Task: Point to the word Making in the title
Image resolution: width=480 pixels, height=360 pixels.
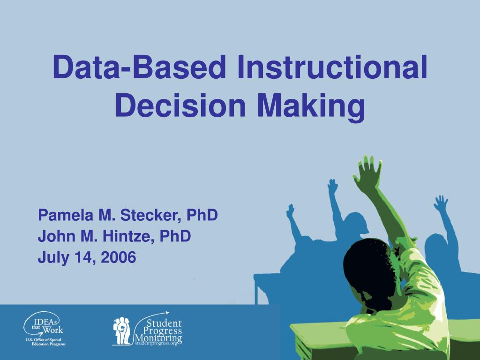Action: pos(310,106)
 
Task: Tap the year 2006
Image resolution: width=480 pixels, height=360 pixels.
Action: pos(118,257)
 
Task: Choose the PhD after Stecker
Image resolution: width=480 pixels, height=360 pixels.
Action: pos(202,216)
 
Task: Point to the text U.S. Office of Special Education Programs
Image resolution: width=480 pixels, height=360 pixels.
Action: pos(45,342)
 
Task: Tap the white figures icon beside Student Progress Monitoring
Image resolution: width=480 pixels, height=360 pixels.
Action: pos(122,330)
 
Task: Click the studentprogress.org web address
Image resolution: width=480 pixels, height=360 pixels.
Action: pos(157,344)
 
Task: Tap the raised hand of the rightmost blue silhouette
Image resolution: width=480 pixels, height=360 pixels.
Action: pos(441,204)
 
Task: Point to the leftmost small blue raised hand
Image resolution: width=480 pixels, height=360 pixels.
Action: pos(291,211)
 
